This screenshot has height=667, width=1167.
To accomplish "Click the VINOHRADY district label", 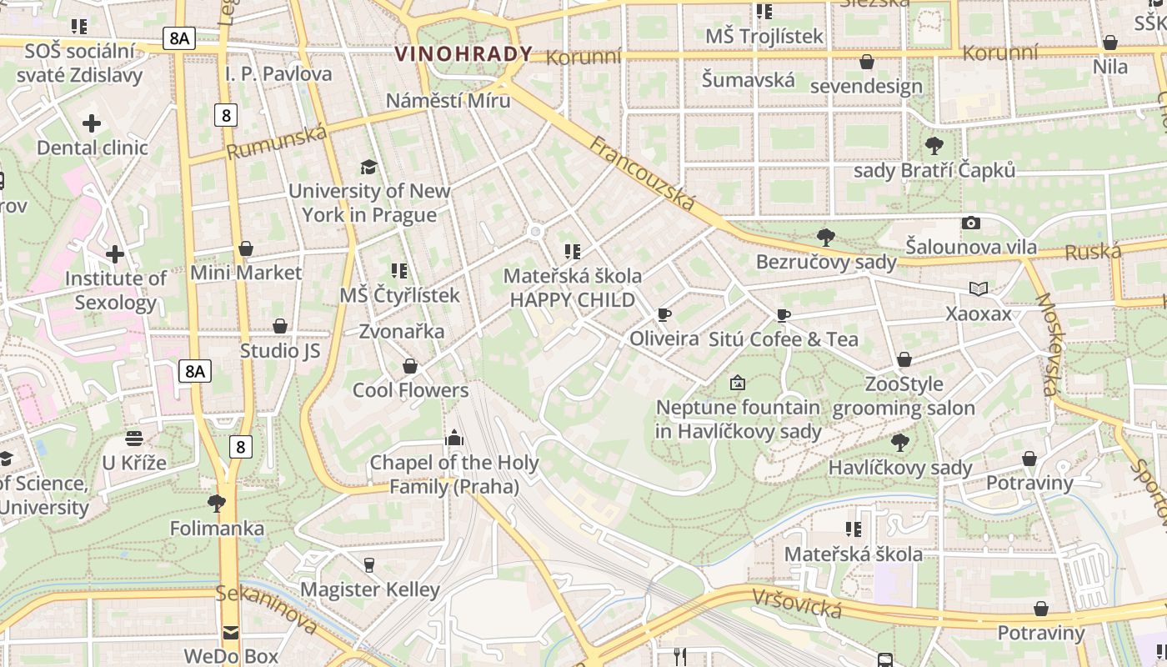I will click(x=463, y=54).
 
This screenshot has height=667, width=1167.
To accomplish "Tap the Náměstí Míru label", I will click(x=448, y=100).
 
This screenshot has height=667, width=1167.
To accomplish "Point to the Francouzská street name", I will click(x=642, y=173).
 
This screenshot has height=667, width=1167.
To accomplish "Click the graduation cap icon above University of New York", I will click(x=368, y=167).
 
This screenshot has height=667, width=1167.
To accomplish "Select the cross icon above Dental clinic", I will click(x=92, y=124).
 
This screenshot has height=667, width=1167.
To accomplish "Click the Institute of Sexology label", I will click(x=115, y=290).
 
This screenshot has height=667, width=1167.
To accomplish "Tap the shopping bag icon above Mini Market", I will click(x=246, y=248).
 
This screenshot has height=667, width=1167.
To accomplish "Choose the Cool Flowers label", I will click(x=410, y=390).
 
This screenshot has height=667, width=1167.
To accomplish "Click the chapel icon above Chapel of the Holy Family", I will click(x=453, y=437).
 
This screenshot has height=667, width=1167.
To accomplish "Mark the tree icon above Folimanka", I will click(x=217, y=503).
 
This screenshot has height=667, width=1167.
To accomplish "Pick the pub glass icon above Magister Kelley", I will click(x=369, y=564).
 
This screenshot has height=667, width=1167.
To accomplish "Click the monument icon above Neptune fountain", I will click(x=737, y=383).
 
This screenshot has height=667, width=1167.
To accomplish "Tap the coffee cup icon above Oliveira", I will click(x=664, y=314).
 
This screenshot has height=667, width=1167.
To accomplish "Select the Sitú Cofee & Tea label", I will click(x=783, y=339).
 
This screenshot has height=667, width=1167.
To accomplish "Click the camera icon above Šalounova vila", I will click(x=970, y=223).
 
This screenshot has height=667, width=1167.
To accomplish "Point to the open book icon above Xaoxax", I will click(x=979, y=289).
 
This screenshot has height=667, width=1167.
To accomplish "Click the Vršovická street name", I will click(x=796, y=603).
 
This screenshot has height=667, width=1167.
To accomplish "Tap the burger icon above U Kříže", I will click(x=134, y=438).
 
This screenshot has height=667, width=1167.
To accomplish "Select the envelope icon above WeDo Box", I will click(x=230, y=632).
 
